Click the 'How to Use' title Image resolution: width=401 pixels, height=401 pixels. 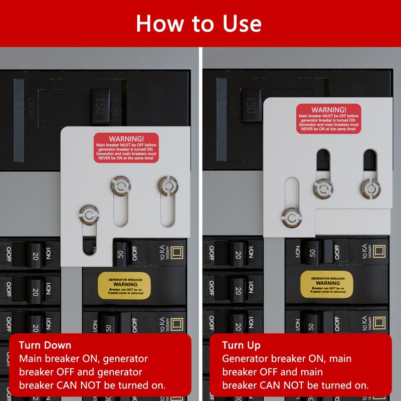pos(199,24)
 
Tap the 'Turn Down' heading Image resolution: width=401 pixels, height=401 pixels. pos(45,345)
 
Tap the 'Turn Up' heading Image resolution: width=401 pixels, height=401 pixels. pos(241,345)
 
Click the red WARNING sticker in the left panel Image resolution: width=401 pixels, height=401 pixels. pos(126,148)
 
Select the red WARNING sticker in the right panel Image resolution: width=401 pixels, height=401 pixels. pos(328,119)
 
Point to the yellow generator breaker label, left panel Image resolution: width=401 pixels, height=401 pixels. pos(124,286)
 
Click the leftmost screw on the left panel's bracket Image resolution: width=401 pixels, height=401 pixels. pos(89,215)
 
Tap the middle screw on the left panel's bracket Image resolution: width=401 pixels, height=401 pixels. pos(120,186)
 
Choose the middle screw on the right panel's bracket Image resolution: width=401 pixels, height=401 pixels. pos(323,188)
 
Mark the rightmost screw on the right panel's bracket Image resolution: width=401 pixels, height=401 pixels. pos(370,188)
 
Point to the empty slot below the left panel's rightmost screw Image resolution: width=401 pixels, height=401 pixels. pos(167,211)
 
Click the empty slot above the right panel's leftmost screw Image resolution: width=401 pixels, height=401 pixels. pos(291,193)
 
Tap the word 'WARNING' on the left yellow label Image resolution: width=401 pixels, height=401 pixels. pos(124,284)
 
